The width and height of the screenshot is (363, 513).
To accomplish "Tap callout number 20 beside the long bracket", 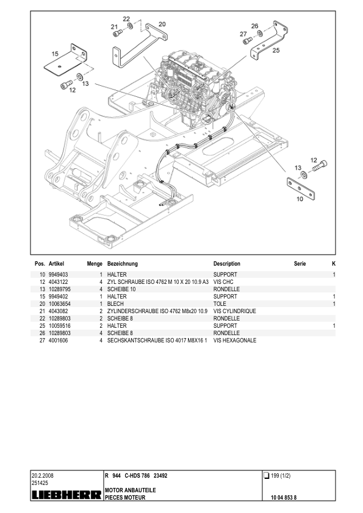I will pos(162,24).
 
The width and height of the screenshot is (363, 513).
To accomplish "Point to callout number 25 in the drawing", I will pos(276,51).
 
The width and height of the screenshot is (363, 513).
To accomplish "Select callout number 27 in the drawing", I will pos(243,34).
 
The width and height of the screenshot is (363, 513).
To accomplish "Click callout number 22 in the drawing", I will pos(126,19).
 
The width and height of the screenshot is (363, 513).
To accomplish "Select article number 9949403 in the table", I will pos(58,275).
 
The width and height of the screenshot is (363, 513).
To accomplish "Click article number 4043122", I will pos(58,282).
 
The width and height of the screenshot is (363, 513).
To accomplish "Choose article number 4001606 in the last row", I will pos(58,340).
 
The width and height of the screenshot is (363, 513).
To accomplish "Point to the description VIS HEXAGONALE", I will pos(235,340).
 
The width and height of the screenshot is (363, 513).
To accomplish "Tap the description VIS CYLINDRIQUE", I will pos(234,311).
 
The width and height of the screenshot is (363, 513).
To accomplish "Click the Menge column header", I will pos(94,264).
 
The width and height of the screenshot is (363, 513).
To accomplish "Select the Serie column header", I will pos(300,264).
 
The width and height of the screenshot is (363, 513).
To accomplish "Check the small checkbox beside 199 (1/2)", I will pos(266,475).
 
